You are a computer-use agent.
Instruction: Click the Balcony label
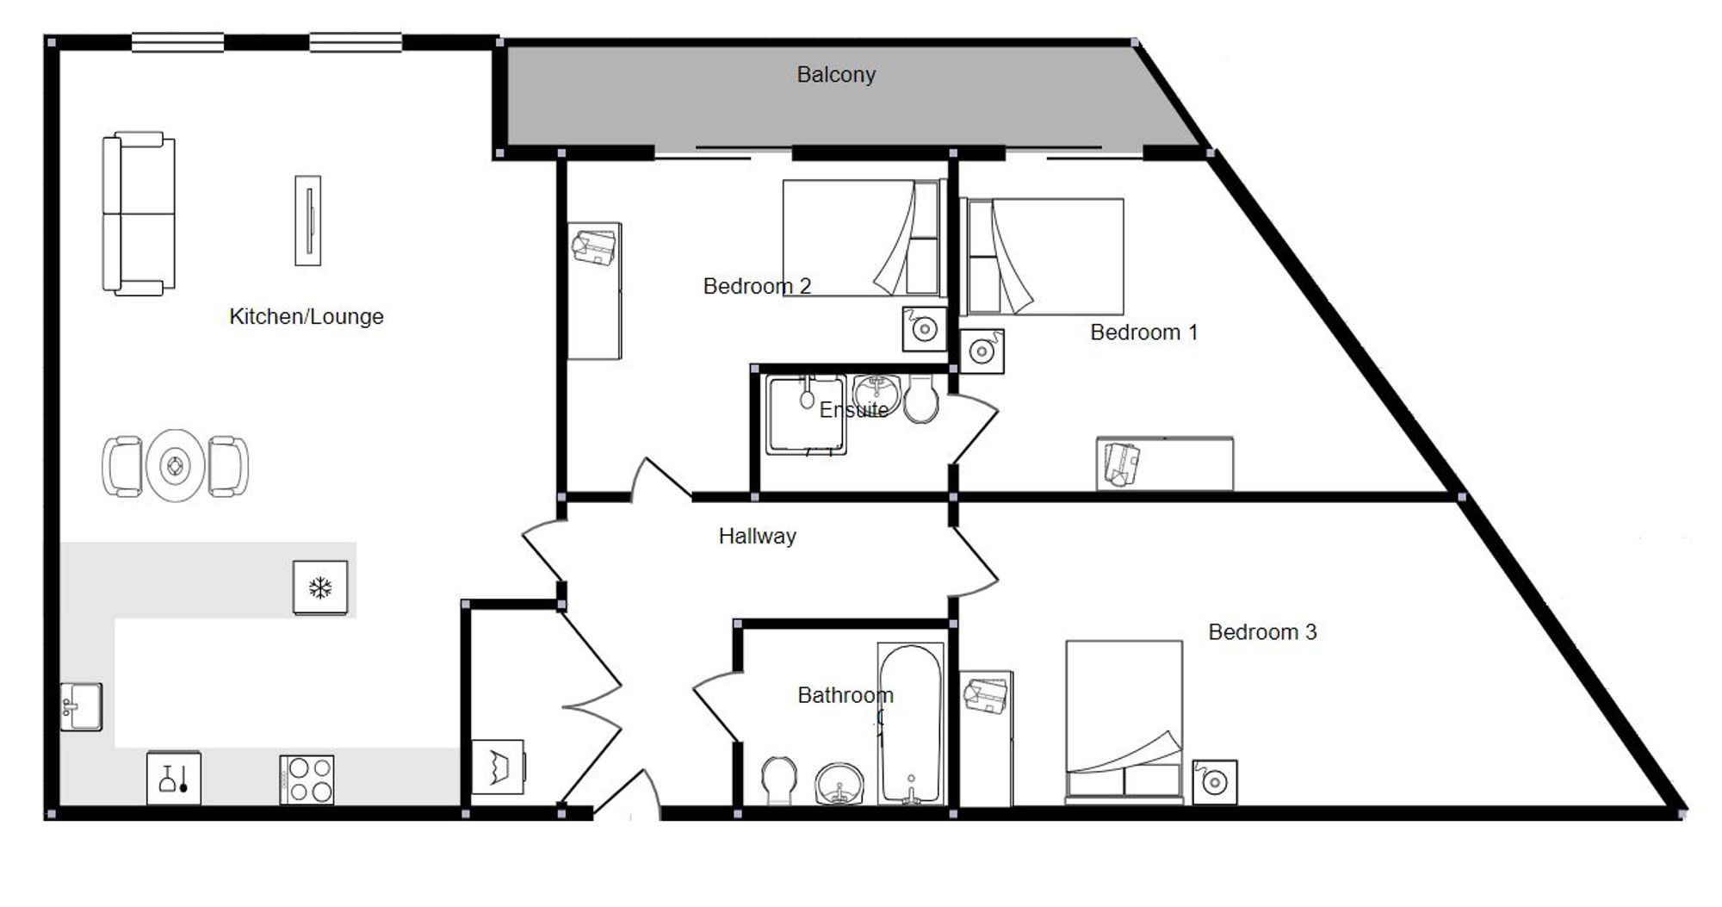[x=836, y=75]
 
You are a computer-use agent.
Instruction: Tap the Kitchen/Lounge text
[x=307, y=317]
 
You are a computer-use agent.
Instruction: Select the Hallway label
[x=758, y=537]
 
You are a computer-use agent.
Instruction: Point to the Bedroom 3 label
[x=1262, y=632]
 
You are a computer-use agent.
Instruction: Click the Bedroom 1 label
[x=1143, y=332]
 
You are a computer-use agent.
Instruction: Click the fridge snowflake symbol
[x=320, y=588]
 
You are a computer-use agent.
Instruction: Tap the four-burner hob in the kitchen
[x=307, y=780]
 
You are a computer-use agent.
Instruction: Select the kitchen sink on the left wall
[x=81, y=707]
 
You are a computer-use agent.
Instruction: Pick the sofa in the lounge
[x=139, y=214]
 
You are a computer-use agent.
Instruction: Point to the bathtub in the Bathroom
[x=911, y=724]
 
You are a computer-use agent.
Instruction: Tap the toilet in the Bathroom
[x=780, y=780]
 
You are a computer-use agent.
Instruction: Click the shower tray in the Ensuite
[x=806, y=415]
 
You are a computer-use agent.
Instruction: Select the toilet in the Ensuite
[x=922, y=400]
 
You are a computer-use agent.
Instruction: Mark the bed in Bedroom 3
[x=1124, y=722]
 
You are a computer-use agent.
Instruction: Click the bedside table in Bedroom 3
[x=1215, y=782]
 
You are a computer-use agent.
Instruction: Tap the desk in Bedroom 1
[x=1164, y=464]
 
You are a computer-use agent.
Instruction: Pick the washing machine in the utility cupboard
[x=499, y=767]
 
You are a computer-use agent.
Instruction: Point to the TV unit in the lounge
[x=308, y=221]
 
